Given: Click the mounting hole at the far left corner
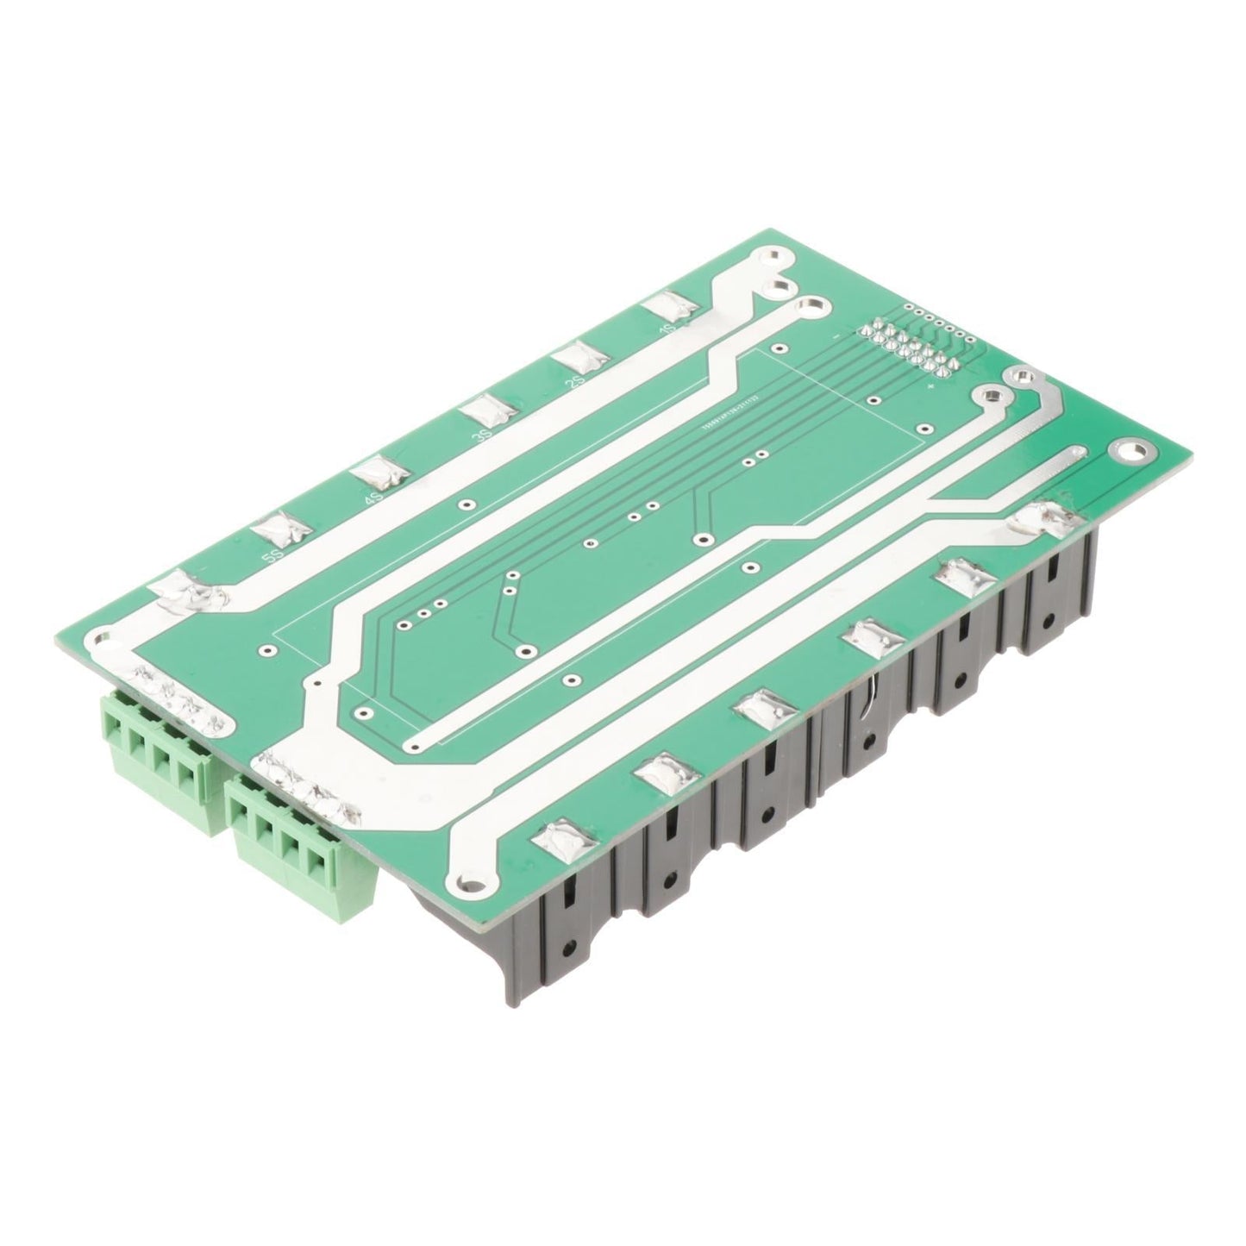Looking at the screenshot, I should coord(103,637).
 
